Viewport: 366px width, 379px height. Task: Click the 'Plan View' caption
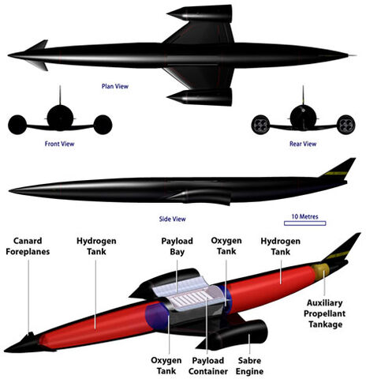[x=115, y=86]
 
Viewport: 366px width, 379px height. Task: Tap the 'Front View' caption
[x=59, y=144]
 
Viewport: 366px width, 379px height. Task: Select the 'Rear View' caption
[x=303, y=144]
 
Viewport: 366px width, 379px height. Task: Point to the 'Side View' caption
[x=172, y=219]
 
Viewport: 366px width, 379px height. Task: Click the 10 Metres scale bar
[x=305, y=223]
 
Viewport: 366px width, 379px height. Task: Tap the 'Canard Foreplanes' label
[x=28, y=246]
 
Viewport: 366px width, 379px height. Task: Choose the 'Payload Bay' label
[x=177, y=246]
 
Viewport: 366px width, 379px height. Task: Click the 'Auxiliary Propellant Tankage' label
[x=325, y=313]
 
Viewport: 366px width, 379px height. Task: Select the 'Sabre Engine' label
[x=249, y=366]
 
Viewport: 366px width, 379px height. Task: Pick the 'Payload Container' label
[x=208, y=366]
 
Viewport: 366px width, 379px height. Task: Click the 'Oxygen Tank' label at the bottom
[x=166, y=366]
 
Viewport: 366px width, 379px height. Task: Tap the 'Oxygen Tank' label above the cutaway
[x=226, y=246]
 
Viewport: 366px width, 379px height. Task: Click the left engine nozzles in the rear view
[x=260, y=125]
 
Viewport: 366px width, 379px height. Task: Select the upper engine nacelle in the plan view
[x=200, y=13]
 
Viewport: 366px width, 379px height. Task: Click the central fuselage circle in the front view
[x=60, y=118]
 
